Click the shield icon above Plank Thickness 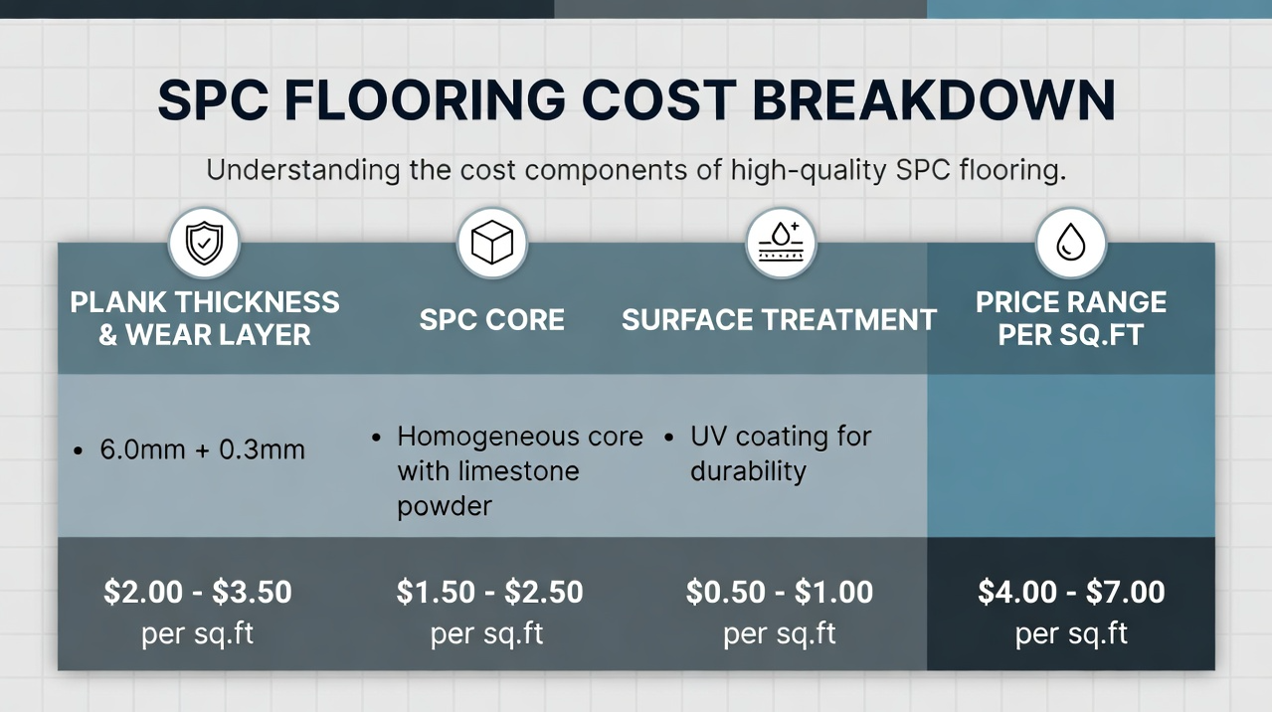click(204, 243)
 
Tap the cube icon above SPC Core click(491, 243)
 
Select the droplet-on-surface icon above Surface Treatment click(780, 243)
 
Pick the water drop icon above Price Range click(1071, 243)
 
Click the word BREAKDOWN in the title click(934, 101)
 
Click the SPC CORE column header click(491, 320)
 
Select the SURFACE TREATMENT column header click(779, 320)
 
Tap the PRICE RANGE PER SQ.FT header click(1071, 318)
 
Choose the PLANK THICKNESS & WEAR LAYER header click(205, 318)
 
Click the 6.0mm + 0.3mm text click(202, 449)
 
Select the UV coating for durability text click(780, 453)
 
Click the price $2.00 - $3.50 click(198, 593)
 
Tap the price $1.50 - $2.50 click(489, 593)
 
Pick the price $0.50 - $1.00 click(780, 593)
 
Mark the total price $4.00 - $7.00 click(1071, 593)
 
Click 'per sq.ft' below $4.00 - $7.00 click(1071, 634)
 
